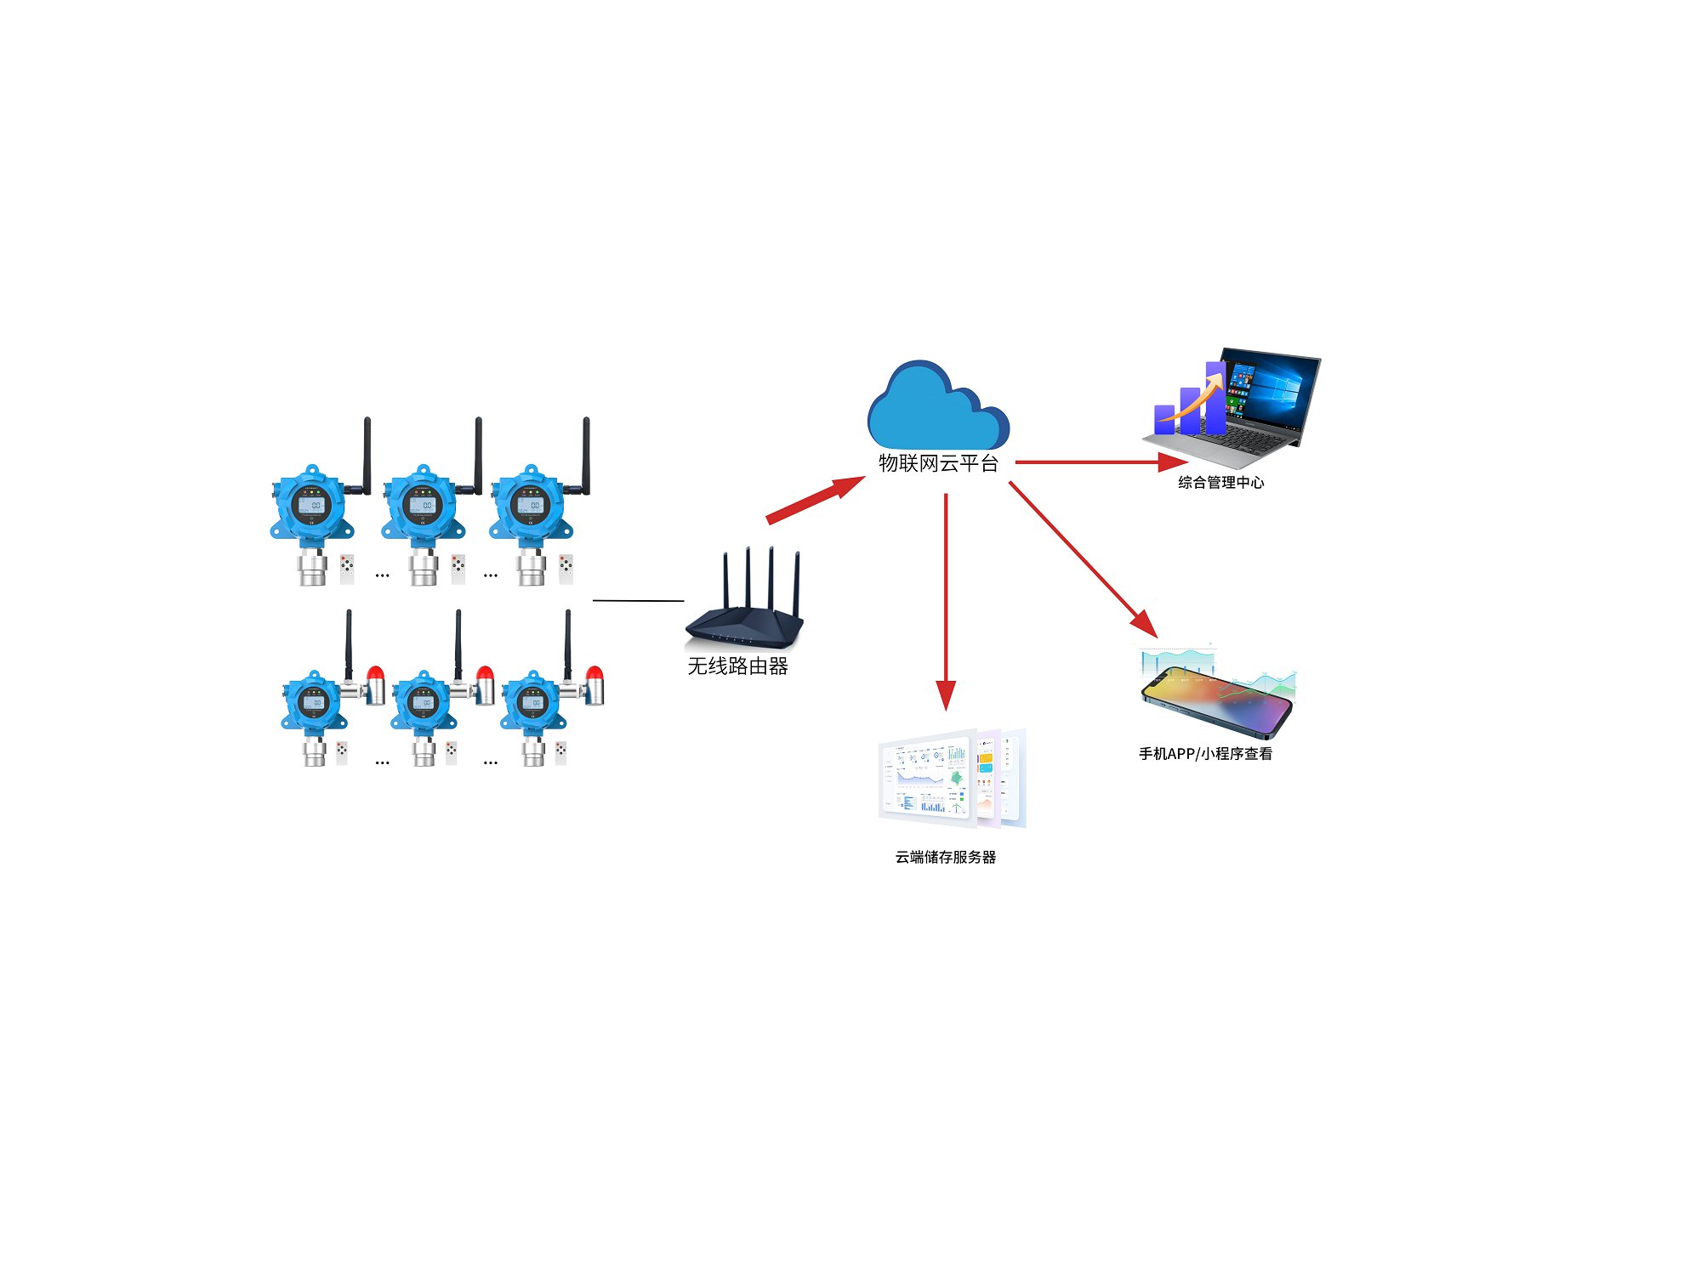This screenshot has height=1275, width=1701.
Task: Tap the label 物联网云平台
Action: click(x=938, y=463)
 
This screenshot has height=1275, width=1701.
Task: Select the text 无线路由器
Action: click(x=737, y=666)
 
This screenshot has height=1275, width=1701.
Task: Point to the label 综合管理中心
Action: click(x=1220, y=483)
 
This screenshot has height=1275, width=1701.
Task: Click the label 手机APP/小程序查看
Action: click(x=1205, y=754)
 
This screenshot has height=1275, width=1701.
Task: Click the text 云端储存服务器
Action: click(x=945, y=857)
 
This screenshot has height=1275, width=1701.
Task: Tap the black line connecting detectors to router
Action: click(x=638, y=600)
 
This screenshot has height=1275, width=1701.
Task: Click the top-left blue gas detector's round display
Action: click(x=310, y=505)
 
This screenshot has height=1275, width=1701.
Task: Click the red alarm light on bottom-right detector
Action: click(x=594, y=676)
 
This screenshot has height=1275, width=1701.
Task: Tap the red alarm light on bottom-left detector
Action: click(x=375, y=675)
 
